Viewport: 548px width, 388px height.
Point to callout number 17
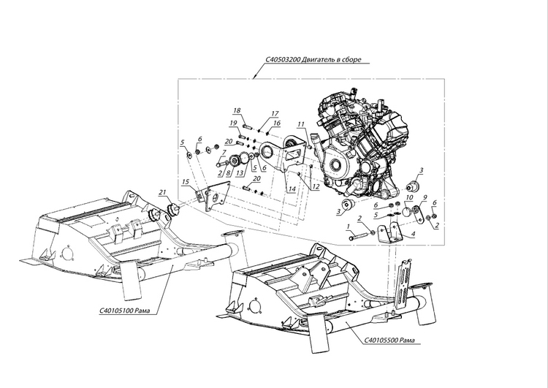[275, 113]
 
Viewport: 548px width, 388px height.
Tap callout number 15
[186, 181]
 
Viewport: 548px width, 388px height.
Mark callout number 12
[316, 186]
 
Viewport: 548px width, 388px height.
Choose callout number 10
[409, 198]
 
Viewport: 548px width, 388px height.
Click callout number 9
[425, 197]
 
